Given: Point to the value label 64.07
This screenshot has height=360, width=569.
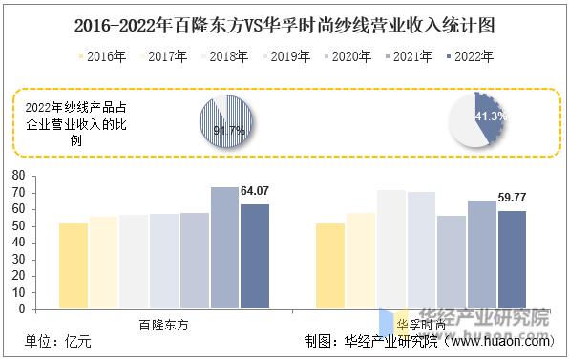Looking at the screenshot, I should pos(254,193).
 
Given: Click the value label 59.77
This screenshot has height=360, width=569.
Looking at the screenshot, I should pos(513,199).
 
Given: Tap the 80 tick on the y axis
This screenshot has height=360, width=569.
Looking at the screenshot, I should pos(17,176).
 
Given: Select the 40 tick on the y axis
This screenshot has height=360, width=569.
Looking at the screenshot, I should pos(17,243).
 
